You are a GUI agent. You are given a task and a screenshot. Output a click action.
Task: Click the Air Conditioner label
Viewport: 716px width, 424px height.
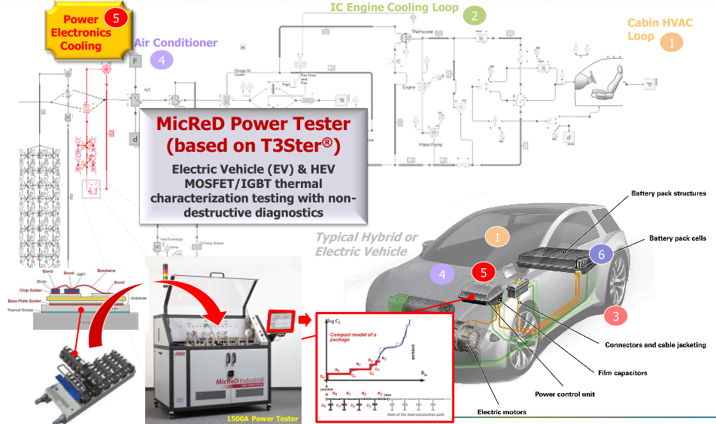[176, 43]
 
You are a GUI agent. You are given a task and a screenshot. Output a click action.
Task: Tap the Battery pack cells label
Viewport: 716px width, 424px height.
[677, 238]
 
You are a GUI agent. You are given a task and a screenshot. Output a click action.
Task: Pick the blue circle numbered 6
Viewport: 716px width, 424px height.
[601, 254]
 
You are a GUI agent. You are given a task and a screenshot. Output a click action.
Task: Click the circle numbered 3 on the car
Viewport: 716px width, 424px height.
[615, 316]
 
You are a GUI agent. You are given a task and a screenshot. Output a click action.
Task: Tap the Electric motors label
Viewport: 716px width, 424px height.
[502, 412]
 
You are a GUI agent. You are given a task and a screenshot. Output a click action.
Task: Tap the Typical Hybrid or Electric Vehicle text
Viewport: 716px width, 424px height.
[366, 244]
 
